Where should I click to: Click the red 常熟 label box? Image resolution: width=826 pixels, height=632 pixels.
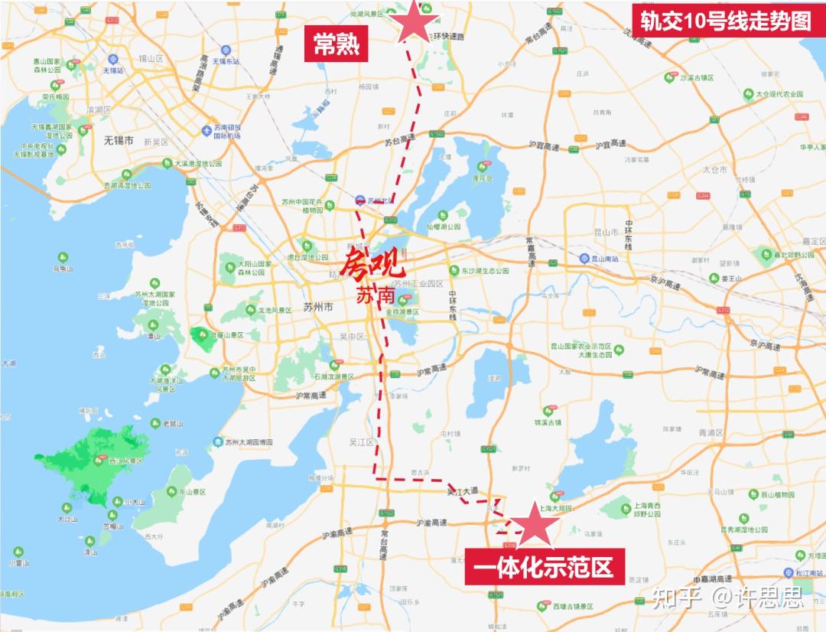337,44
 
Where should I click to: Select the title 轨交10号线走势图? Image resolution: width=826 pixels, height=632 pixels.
725,21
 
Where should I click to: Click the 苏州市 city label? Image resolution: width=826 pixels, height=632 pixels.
318,307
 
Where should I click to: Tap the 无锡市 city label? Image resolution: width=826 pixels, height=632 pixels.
119,141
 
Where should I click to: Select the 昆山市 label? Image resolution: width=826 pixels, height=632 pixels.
605,231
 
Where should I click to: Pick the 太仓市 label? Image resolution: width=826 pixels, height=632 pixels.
715,169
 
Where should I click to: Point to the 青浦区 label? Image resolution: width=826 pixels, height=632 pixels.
711,432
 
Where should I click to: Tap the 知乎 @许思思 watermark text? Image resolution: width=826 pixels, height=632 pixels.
727,597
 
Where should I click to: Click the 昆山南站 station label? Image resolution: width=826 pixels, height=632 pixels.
609,259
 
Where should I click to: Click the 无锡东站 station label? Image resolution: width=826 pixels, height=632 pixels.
226,60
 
